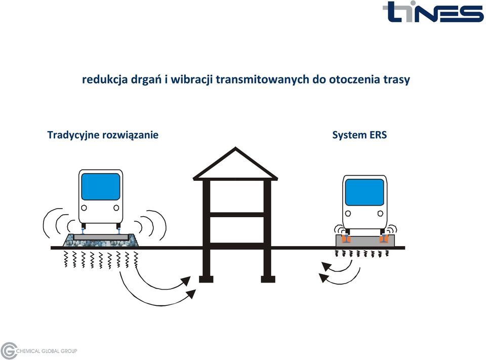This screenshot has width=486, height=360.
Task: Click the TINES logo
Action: [x=433, y=12]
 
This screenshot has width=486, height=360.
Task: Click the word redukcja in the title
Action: [x=105, y=79]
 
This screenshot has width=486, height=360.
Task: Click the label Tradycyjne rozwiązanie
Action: [x=103, y=135]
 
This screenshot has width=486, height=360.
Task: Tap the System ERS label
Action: [x=359, y=135]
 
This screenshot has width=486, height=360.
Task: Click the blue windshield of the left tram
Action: [x=100, y=186]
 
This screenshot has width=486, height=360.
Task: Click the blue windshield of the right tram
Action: [x=364, y=192]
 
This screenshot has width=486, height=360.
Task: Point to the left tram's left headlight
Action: [x=84, y=208]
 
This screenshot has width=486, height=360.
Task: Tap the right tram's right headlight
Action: [x=380, y=213]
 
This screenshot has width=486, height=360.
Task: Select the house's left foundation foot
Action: [x=206, y=279]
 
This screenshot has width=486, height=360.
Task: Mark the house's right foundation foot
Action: [x=268, y=279]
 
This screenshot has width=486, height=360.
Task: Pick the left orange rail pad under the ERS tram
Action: [x=346, y=239]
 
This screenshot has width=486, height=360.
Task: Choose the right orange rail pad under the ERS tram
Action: [x=384, y=239]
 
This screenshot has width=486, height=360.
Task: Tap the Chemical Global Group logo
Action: [x=39, y=351]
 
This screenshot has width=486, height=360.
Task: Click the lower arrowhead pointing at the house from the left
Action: [x=191, y=293]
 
